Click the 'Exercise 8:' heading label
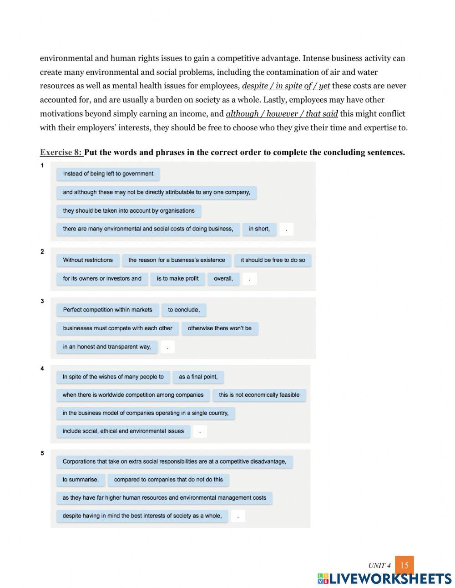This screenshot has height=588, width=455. pyautogui.click(x=61, y=152)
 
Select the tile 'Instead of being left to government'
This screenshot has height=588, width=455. pyautogui.click(x=108, y=174)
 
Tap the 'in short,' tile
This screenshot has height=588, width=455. pyautogui.click(x=259, y=229)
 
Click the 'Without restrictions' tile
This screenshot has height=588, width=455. pyautogui.click(x=88, y=260)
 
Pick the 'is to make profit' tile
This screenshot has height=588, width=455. pyautogui.click(x=177, y=278)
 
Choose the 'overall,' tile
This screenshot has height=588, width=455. pyautogui.click(x=223, y=278)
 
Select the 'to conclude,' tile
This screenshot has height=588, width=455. pyautogui.click(x=184, y=310)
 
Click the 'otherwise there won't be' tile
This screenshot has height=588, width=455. pyautogui.click(x=219, y=328)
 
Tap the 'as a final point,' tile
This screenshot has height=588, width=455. pyautogui.click(x=198, y=377)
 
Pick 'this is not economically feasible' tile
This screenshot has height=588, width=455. pyautogui.click(x=259, y=395)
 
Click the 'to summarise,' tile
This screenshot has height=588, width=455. pyautogui.click(x=81, y=480)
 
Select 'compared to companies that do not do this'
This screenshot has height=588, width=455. pyautogui.click(x=168, y=480)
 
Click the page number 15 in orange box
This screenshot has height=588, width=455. pyautogui.click(x=404, y=565)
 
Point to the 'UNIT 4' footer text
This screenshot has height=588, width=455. pyautogui.click(x=379, y=566)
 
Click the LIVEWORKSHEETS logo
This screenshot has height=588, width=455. pyautogui.click(x=384, y=579)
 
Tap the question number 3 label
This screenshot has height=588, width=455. pyautogui.click(x=42, y=301)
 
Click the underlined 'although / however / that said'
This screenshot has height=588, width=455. pyautogui.click(x=282, y=114)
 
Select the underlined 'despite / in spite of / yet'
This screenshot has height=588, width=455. pyautogui.click(x=286, y=86)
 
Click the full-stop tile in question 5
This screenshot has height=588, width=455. pyautogui.click(x=238, y=516)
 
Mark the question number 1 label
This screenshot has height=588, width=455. pyautogui.click(x=42, y=166)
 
